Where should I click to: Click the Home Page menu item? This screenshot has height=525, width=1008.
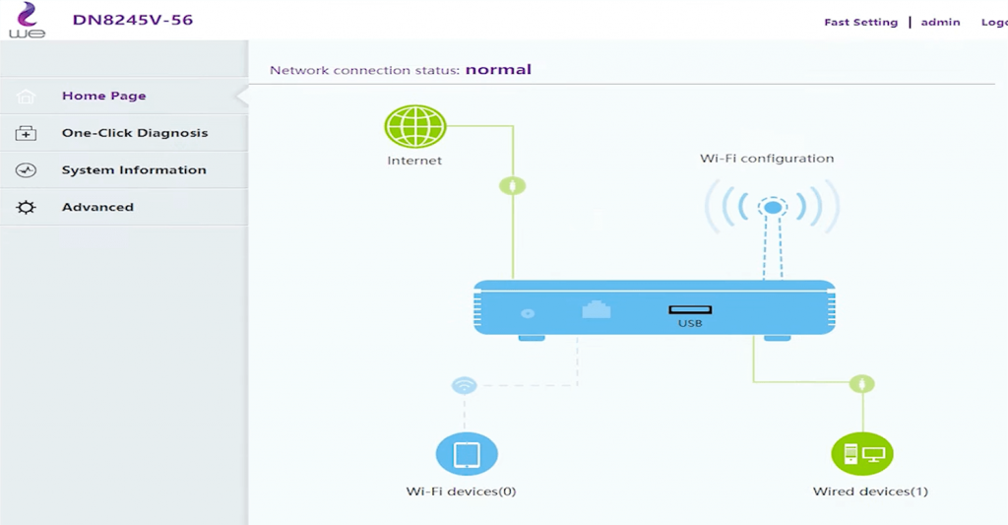coord(103,96)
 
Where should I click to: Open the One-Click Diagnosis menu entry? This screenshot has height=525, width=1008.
coord(134,133)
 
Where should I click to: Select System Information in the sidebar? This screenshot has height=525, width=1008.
coord(134,169)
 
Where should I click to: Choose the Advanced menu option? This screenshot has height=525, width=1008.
coord(97,207)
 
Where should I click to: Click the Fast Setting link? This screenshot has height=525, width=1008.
coord(860,22)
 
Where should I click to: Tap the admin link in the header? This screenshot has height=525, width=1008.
coord(940,22)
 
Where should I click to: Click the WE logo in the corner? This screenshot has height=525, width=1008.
coord(27,21)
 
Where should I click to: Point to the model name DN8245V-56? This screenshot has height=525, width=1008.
coord(132,20)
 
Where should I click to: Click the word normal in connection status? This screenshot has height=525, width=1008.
coord(498,70)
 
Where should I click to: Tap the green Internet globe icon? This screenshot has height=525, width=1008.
coord(414,126)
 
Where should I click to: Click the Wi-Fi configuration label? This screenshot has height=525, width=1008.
coord(767,158)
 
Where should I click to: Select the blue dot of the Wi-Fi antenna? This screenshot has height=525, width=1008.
coord(774,208)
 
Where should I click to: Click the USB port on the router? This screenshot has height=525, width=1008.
coord(690,310)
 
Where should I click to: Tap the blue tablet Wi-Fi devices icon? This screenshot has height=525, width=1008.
coord(467,454)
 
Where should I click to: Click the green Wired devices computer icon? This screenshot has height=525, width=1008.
coord(862,454)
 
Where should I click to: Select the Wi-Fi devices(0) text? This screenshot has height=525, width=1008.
coord(461,491)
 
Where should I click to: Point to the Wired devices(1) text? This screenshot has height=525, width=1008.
coord(870,491)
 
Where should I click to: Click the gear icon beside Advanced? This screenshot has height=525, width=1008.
coord(27,207)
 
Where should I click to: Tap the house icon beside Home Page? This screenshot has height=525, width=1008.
coord(27,97)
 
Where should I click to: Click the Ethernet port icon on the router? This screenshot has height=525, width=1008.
coord(596,309)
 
